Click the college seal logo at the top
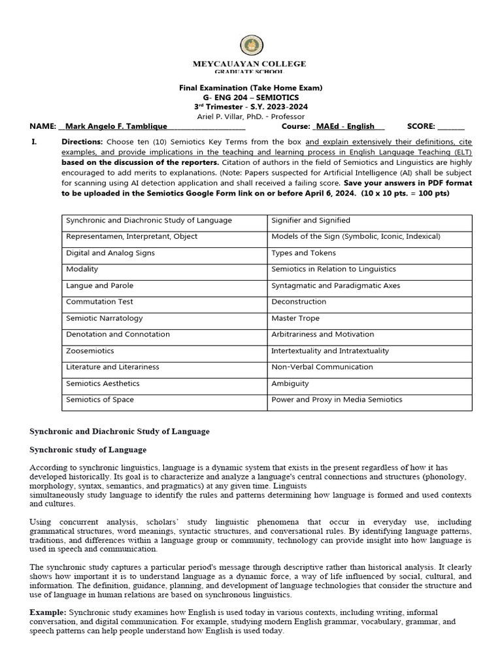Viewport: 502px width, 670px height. [x=251, y=45]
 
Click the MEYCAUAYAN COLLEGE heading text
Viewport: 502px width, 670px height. [x=248, y=63]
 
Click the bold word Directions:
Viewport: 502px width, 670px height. [x=82, y=142]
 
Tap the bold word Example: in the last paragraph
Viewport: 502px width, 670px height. [x=48, y=611]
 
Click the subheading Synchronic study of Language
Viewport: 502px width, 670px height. [x=88, y=450]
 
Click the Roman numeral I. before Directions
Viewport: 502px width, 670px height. [x=35, y=142]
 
